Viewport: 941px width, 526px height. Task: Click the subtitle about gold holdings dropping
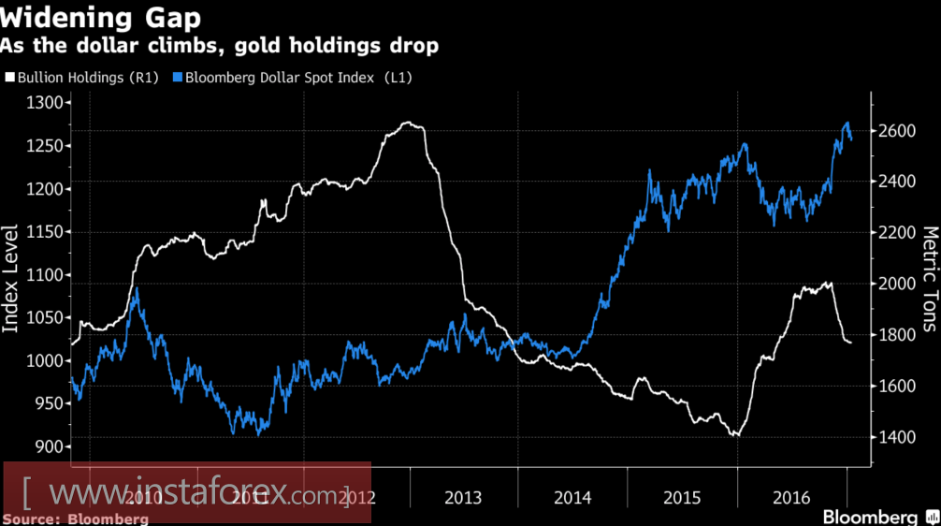220,46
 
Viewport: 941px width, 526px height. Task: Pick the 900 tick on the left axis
46,446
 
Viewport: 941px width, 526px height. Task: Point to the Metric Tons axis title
930,278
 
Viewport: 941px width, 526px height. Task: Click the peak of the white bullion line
408,123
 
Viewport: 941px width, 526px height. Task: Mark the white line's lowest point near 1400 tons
737,435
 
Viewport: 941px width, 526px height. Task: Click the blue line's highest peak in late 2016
847,123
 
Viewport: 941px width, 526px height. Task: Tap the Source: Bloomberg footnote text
76,518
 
